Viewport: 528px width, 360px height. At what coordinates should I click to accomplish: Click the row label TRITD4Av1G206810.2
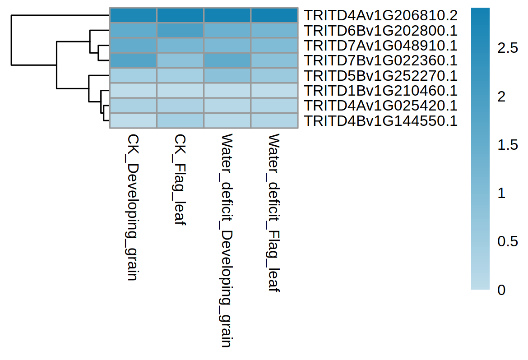tap(380, 15)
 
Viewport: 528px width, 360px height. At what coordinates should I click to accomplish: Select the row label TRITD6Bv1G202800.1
tap(380, 30)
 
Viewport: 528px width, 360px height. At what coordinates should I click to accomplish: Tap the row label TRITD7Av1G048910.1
tap(380, 45)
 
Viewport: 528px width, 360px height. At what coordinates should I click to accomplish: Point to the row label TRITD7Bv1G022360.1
tap(380, 60)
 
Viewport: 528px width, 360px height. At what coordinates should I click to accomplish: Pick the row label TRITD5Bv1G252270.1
tap(380, 75)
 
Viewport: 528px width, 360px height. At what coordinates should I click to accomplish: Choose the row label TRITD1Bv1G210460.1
tap(380, 90)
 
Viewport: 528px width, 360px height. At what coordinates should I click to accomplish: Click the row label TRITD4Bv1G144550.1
tap(380, 120)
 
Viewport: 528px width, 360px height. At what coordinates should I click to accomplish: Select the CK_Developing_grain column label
tap(132, 207)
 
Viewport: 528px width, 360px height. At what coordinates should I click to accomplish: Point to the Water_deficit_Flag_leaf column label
tap(274, 212)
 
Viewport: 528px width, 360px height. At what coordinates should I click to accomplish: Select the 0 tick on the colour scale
tap(501, 290)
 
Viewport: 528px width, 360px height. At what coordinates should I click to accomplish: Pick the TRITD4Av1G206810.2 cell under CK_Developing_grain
tap(133, 15)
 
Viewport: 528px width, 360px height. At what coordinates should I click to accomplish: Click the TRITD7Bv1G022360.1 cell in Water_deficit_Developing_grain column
tap(227, 60)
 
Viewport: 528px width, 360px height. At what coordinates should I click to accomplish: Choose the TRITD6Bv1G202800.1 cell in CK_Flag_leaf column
tap(180, 30)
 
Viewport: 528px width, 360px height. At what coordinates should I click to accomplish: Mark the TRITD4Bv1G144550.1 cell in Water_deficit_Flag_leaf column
tap(274, 120)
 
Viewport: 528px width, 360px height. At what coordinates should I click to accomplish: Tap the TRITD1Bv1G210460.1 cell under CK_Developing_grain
tap(133, 90)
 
